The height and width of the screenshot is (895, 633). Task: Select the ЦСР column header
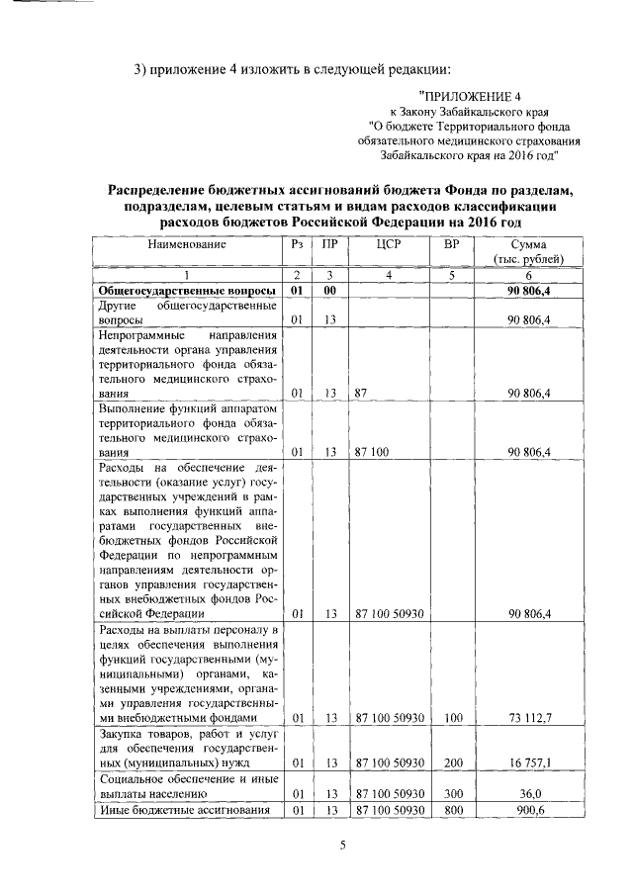pos(389,243)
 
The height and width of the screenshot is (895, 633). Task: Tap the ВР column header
pos(451,243)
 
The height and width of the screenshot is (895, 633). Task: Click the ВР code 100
pos(453,717)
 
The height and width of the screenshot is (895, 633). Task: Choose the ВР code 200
pos(453,762)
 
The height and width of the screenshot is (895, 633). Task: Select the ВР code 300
pos(453,793)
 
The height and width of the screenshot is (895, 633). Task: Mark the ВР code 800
pos(453,810)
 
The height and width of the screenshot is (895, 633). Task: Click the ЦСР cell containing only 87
pos(361,393)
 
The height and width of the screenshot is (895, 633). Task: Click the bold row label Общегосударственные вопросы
pos(188,291)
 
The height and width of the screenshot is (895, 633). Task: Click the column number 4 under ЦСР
pos(389,275)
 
